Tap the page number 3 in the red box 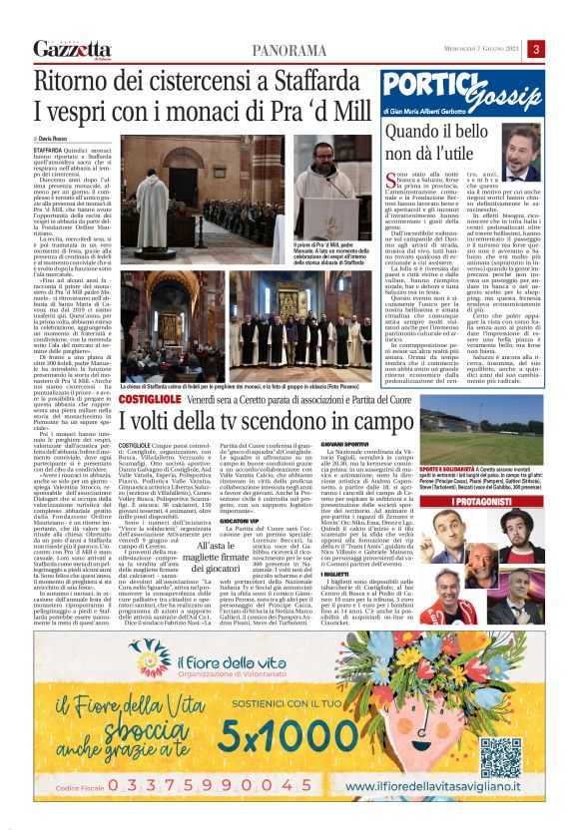(x=536, y=49)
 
